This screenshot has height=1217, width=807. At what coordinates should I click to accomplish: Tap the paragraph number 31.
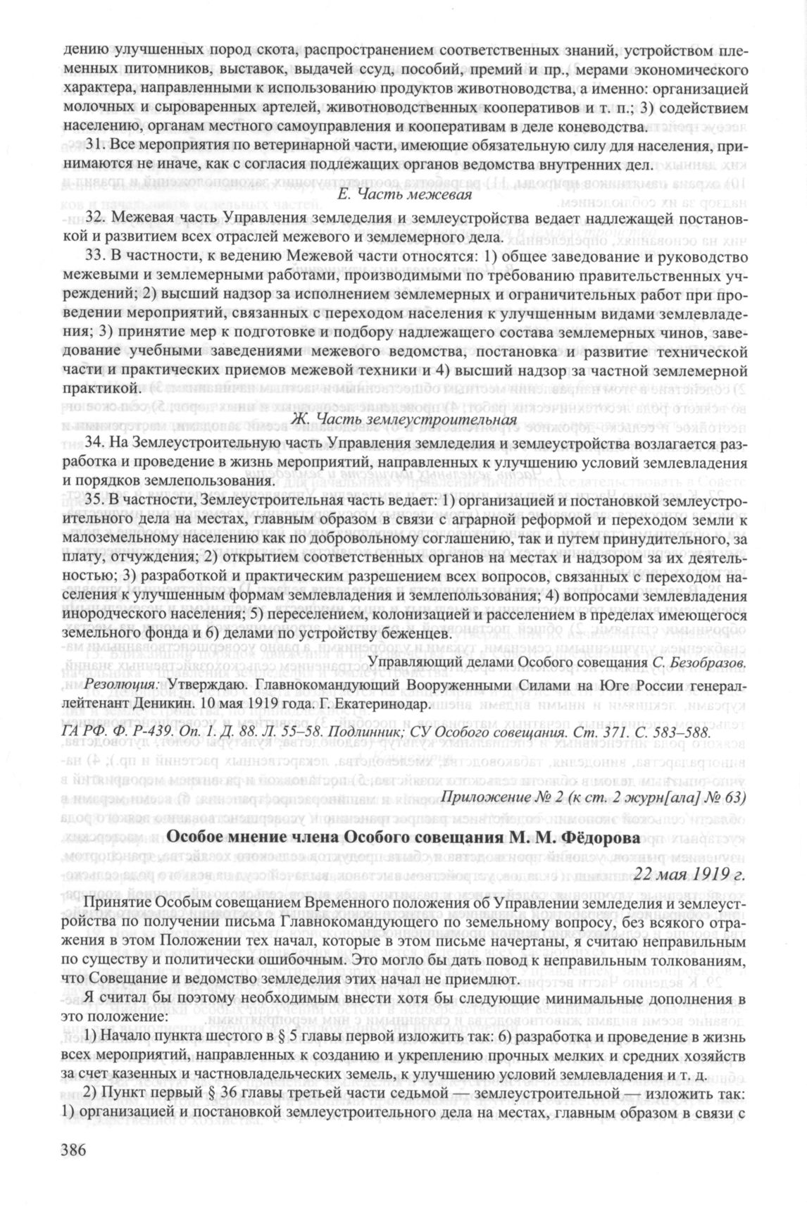coord(93,149)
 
